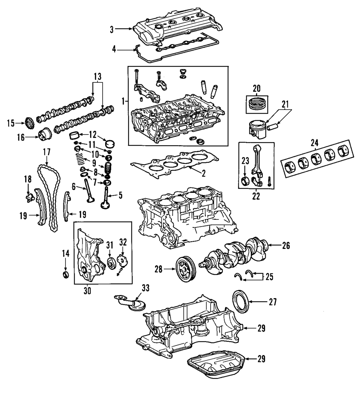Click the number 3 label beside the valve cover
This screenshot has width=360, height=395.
pyautogui.click(x=112, y=29)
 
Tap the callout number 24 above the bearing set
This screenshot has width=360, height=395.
pyautogui.click(x=314, y=143)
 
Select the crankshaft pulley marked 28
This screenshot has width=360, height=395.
pyautogui.click(x=185, y=270)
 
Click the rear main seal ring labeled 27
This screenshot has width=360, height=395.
pyautogui.click(x=240, y=301)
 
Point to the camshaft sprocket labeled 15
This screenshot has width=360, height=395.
pyautogui.click(x=30, y=123)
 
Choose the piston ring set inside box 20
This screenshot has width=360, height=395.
pyautogui.click(x=257, y=105)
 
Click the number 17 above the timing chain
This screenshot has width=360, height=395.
pyautogui.click(x=46, y=153)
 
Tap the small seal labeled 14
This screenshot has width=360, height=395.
pyautogui.click(x=66, y=274)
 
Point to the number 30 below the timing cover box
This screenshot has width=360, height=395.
pyautogui.click(x=87, y=291)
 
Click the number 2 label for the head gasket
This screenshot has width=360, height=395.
pyautogui.click(x=203, y=173)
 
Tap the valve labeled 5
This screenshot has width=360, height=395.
pyautogui.click(x=105, y=198)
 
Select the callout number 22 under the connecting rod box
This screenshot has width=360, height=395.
pyautogui.click(x=256, y=196)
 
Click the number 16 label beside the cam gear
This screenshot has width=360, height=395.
pyautogui.click(x=21, y=137)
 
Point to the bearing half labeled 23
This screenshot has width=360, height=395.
pyautogui.click(x=245, y=181)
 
